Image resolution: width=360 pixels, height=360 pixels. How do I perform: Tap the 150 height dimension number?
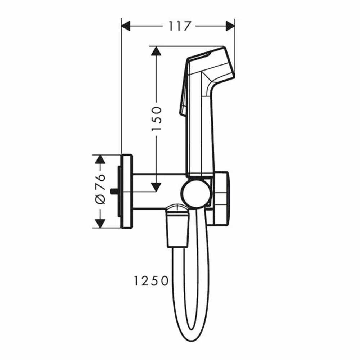pyautogui.click(x=157, y=119)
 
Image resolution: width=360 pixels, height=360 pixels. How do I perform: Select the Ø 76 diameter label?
pyautogui.click(x=100, y=189)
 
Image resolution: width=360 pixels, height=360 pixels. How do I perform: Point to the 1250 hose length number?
pyautogui.click(x=151, y=281)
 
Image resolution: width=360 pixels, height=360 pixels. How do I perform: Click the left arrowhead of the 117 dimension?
pyautogui.click(x=126, y=26)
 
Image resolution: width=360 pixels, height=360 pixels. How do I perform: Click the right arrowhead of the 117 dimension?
pyautogui.click(x=230, y=26)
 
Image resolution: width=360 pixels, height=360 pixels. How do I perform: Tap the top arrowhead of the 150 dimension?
pyautogui.click(x=156, y=51)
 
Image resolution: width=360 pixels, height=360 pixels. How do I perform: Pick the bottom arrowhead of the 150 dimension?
pyautogui.click(x=156, y=187)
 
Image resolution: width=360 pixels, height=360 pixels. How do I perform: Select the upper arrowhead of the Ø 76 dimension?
pyautogui.click(x=100, y=159)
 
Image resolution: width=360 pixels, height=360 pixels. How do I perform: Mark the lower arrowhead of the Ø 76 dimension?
pyautogui.click(x=100, y=224)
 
